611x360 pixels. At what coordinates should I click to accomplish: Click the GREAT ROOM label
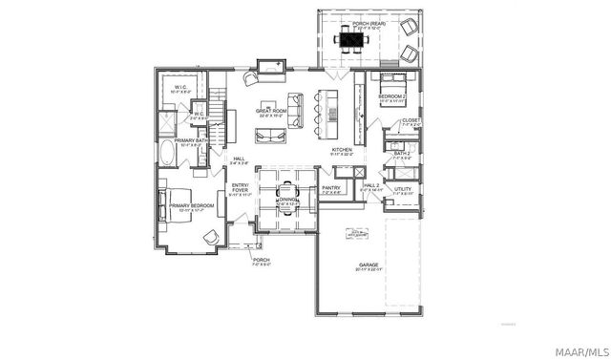point(272,110)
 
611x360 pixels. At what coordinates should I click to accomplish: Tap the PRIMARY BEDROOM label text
point(190,204)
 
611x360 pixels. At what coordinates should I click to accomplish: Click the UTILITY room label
point(402,189)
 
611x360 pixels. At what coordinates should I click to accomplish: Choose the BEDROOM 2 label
point(391,97)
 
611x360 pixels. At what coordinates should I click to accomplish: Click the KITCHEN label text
point(342,150)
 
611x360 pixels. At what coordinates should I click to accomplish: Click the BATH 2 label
point(402,153)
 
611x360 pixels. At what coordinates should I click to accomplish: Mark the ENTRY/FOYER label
point(240,187)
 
